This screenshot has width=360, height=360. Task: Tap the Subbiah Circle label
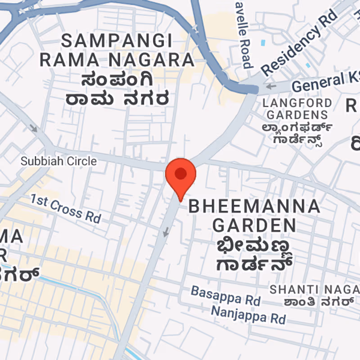[59, 161]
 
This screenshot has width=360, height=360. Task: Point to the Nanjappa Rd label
[248, 314]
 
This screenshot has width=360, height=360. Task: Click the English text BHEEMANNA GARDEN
[254, 215]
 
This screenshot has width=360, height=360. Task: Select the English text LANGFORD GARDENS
[297, 108]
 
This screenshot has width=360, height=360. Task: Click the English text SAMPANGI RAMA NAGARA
[117, 50]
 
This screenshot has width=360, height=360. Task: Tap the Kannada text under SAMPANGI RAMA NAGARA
[118, 89]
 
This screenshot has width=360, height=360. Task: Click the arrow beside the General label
[271, 86]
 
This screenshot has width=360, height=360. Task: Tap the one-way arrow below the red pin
[166, 232]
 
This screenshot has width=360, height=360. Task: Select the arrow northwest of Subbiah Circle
[34, 128]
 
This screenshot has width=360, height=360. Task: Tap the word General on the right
[318, 82]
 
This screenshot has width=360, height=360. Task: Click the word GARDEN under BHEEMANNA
[254, 224]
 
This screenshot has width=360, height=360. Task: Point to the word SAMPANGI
[117, 41]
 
